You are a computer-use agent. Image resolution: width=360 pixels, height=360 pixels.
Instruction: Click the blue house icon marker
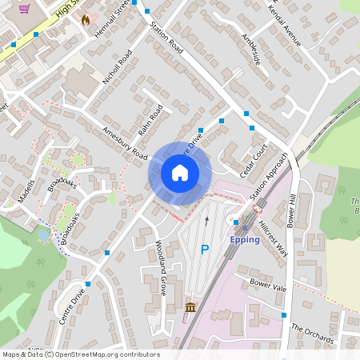[x=180, y=173]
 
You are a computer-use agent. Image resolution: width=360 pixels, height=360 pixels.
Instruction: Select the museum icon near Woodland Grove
[x=190, y=308]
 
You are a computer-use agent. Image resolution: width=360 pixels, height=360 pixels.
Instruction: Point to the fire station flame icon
[x=86, y=19]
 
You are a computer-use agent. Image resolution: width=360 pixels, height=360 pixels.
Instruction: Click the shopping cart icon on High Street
[x=25, y=9]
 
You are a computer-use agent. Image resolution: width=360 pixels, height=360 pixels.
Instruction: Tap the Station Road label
[x=166, y=38]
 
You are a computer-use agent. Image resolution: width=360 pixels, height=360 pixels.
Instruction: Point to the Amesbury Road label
[x=125, y=142]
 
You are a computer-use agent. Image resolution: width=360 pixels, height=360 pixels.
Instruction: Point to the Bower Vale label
[x=267, y=284]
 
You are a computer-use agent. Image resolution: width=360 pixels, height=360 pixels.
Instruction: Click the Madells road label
[x=26, y=190]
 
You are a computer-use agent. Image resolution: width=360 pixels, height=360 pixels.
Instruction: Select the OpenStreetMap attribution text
[x=80, y=354]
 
